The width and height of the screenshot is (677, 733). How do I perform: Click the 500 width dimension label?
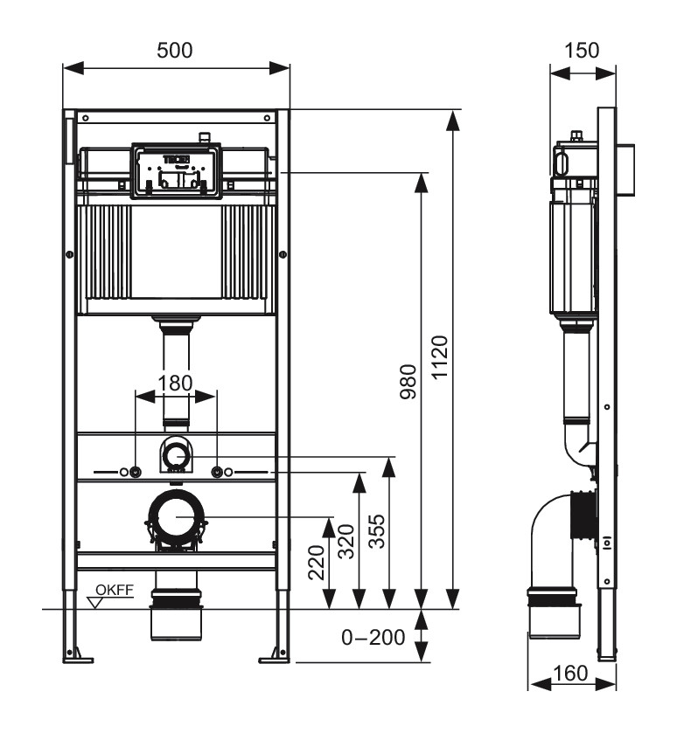coord(175,51)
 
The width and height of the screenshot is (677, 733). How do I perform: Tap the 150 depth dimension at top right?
coord(582,51)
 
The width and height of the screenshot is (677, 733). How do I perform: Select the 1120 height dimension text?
coord(440,357)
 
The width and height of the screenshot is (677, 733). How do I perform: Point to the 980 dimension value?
coord(408,382)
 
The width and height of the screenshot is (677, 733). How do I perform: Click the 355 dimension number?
coord(377,531)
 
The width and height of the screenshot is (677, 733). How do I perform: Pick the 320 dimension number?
coord(346,542)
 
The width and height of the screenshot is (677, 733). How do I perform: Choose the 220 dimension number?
coord(317,563)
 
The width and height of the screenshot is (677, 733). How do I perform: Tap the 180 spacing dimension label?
coord(175,384)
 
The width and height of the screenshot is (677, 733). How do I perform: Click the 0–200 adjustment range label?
coord(373,637)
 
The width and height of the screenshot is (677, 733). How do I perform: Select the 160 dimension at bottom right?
coord(570,674)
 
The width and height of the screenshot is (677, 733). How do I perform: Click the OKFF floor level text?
coord(115,590)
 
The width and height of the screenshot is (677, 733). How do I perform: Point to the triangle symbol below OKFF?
coord(96,603)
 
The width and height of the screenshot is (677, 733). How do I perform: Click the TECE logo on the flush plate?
coord(176,159)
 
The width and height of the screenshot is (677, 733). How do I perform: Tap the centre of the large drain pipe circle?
coord(177,516)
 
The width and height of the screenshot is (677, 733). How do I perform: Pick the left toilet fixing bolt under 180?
coord(136,472)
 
